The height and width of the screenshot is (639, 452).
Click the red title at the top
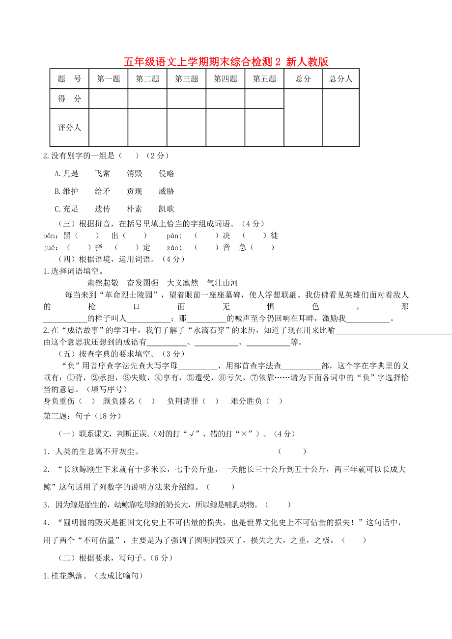tap(226, 62)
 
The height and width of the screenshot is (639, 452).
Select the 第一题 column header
tap(108, 79)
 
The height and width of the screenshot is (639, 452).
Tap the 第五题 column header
tap(264, 79)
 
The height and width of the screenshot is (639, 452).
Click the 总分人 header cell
tap(340, 79)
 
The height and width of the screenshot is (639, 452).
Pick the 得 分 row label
tap(69, 99)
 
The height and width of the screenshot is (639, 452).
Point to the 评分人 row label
tap(69, 128)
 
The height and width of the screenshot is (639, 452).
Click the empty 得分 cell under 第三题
tap(186, 99)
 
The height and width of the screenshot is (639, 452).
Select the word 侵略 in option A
tap(167, 173)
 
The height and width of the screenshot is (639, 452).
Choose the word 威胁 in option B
tap(167, 191)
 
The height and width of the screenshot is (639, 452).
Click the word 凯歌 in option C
tap(167, 209)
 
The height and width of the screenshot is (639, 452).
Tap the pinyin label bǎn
tap(50, 236)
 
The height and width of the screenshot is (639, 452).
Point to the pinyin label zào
tap(174, 247)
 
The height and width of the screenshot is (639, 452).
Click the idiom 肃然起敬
tap(103, 283)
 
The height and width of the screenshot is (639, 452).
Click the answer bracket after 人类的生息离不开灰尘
tap(292, 452)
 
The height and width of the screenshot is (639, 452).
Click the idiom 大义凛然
tap(183, 283)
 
